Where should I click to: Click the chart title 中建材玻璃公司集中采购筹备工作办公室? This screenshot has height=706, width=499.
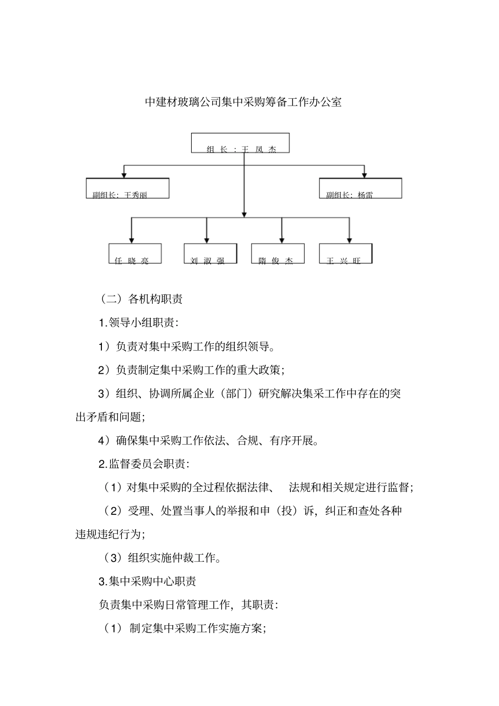pyautogui.click(x=243, y=102)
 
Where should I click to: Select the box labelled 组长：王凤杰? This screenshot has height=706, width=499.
pyautogui.click(x=241, y=143)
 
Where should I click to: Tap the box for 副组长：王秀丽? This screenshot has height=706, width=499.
pyautogui.click(x=128, y=188)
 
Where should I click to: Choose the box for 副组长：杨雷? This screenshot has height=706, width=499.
pyautogui.click(x=360, y=188)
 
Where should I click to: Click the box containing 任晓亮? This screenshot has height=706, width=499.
pyautogui.click(x=135, y=254)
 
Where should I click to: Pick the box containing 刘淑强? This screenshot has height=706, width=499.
pyautogui.click(x=210, y=254)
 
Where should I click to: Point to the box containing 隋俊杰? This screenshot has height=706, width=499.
pyautogui.click(x=278, y=254)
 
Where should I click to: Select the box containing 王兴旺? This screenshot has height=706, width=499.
pyautogui.click(x=346, y=254)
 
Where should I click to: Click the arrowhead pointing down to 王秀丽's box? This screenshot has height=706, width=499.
pyautogui.click(x=124, y=174)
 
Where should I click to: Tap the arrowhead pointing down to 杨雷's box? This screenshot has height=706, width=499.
pyautogui.click(x=364, y=174)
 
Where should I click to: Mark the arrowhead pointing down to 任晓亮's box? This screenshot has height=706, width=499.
pyautogui.click(x=131, y=240)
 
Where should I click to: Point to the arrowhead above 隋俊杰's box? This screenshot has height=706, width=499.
pyautogui.click(x=282, y=240)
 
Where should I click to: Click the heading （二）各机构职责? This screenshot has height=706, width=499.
pyautogui.click(x=141, y=299)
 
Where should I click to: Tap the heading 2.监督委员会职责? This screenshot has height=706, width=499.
pyautogui.click(x=144, y=463)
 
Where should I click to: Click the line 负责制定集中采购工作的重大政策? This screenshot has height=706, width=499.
pyautogui.click(x=192, y=370)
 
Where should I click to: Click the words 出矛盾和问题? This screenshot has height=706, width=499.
pyautogui.click(x=110, y=417)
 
